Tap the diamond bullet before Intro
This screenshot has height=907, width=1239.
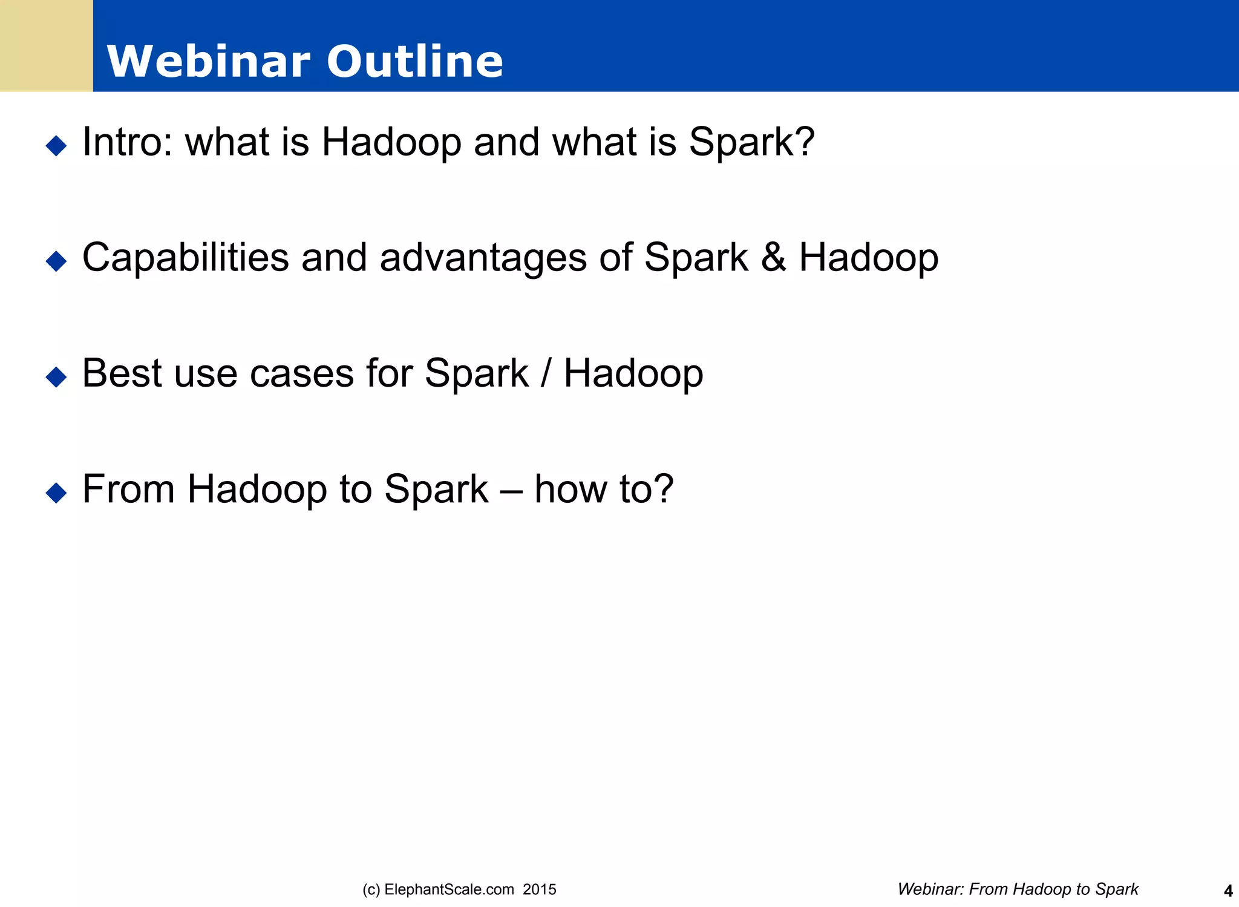click(x=56, y=145)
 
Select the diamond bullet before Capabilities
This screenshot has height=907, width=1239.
click(x=56, y=261)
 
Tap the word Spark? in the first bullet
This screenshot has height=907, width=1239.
click(x=751, y=142)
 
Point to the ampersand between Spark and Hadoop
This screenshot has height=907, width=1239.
click(x=773, y=258)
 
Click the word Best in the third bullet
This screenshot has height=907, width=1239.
click(x=121, y=373)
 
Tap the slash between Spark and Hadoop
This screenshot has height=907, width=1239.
click(x=546, y=373)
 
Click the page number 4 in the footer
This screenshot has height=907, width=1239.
click(x=1228, y=891)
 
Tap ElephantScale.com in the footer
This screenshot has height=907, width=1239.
click(x=449, y=889)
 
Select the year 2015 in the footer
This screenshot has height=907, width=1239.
click(x=540, y=889)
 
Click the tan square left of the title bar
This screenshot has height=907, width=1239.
click(x=46, y=46)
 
